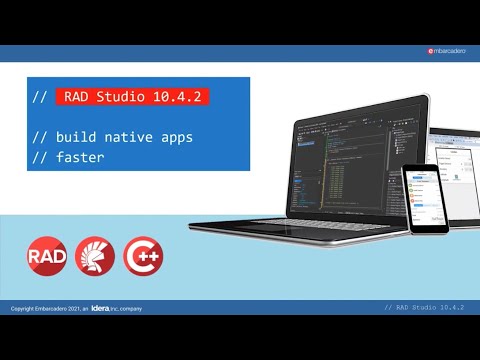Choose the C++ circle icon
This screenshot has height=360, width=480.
pyautogui.click(x=143, y=256)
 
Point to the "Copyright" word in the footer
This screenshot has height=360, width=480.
pyautogui.click(x=22, y=309)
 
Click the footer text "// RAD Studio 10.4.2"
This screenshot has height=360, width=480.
pyautogui.click(x=430, y=308)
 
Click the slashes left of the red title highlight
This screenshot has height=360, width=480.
pyautogui.click(x=40, y=98)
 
